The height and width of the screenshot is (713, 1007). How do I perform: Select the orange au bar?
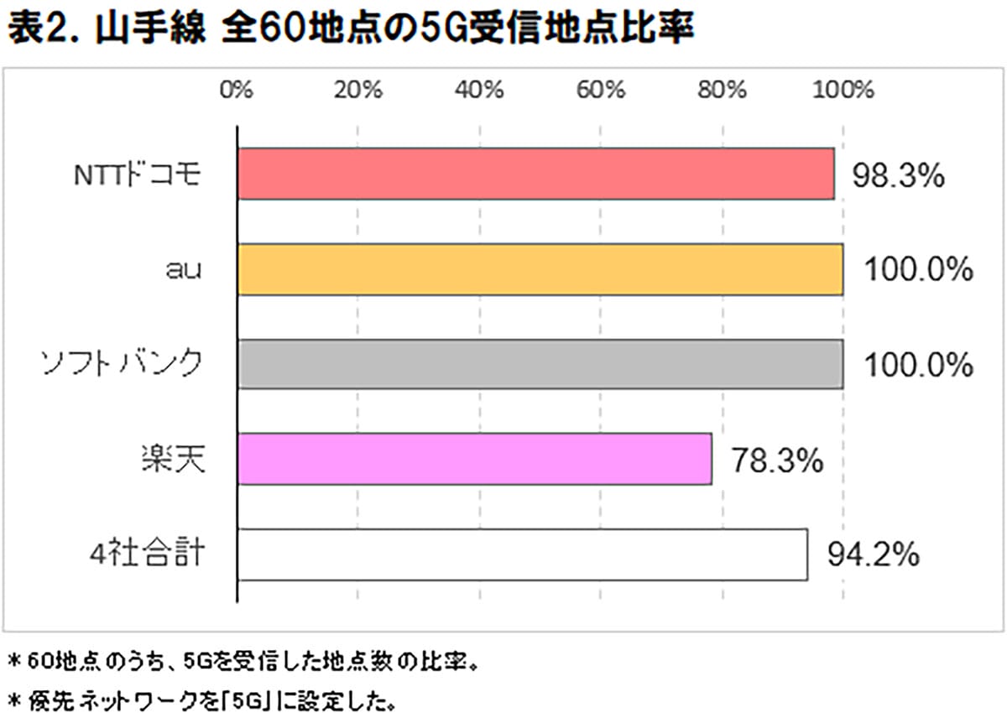pyautogui.click(x=540, y=269)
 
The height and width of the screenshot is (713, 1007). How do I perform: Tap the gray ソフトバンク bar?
pyautogui.click(x=540, y=364)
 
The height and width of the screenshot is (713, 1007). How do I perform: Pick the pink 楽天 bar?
pyautogui.click(x=474, y=459)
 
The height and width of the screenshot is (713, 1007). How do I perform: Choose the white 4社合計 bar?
pyautogui.click(x=522, y=554)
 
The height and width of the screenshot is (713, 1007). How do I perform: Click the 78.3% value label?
pyautogui.click(x=775, y=461)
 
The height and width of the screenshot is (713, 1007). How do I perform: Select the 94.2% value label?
pyautogui.click(x=873, y=556)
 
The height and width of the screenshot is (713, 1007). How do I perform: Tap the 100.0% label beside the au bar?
pyautogui.click(x=918, y=271)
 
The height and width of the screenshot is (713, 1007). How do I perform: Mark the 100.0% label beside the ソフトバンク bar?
pyautogui.click(x=918, y=367)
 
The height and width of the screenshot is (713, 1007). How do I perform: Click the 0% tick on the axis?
pyautogui.click(x=237, y=90)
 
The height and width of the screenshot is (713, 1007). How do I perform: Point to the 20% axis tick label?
pyautogui.click(x=358, y=90)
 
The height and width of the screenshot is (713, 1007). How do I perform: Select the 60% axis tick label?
pyautogui.click(x=601, y=90)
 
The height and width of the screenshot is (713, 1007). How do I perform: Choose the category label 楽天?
pyautogui.click(x=171, y=461)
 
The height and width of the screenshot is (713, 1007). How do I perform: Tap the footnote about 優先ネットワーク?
pyautogui.click(x=201, y=697)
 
